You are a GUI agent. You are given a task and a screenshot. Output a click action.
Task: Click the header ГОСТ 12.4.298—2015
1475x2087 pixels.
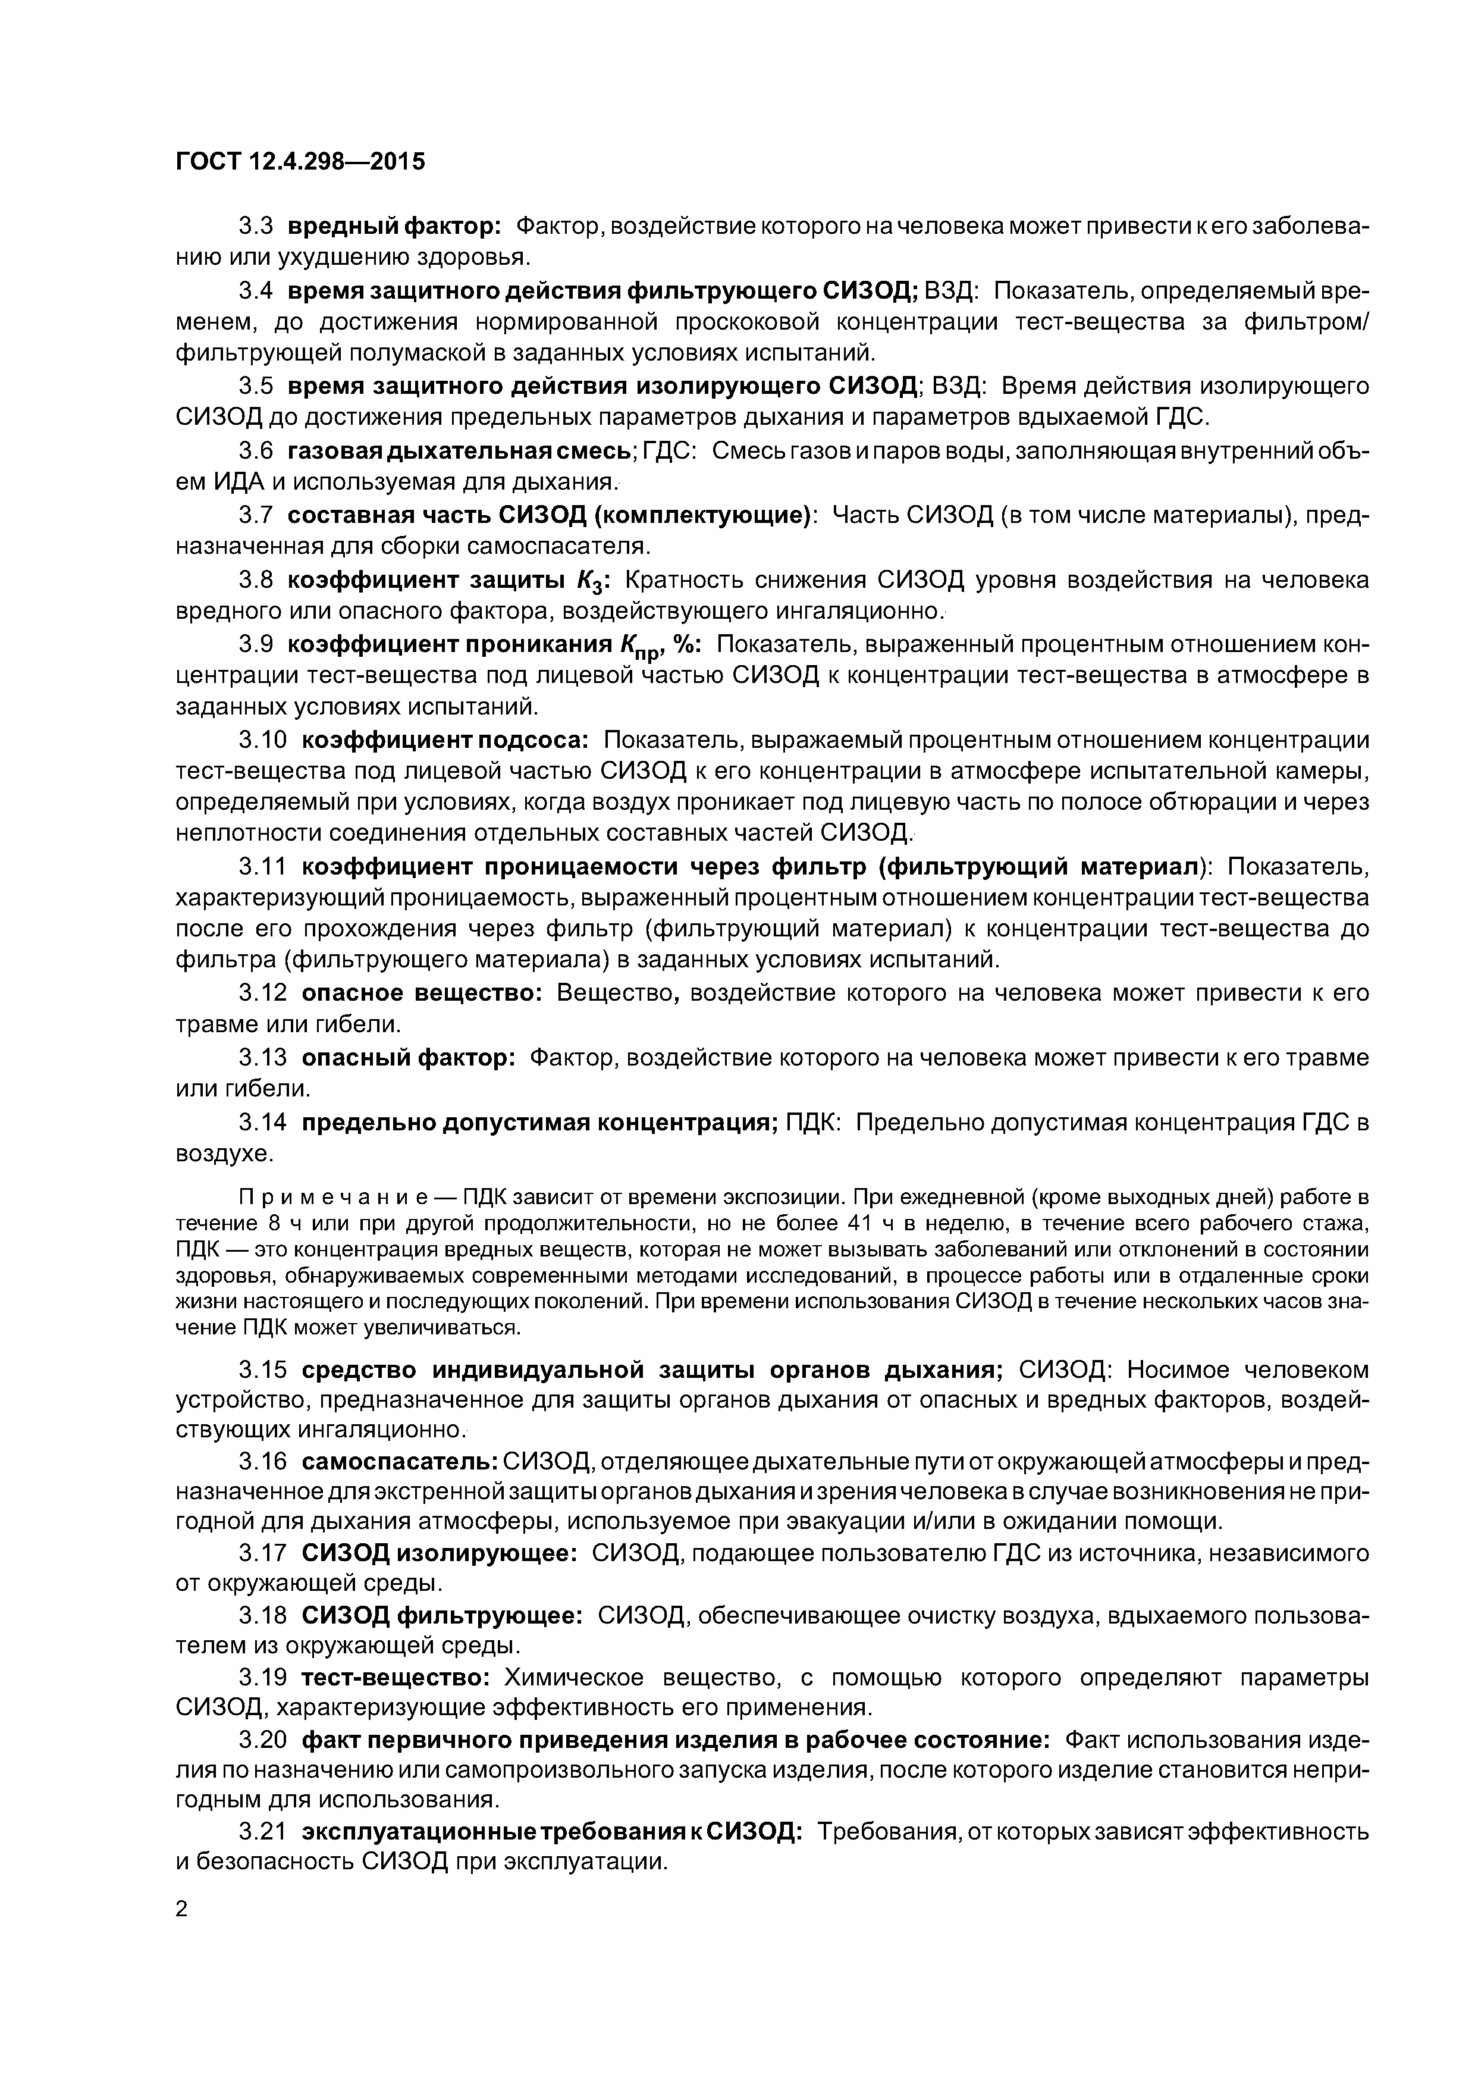(x=300, y=162)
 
